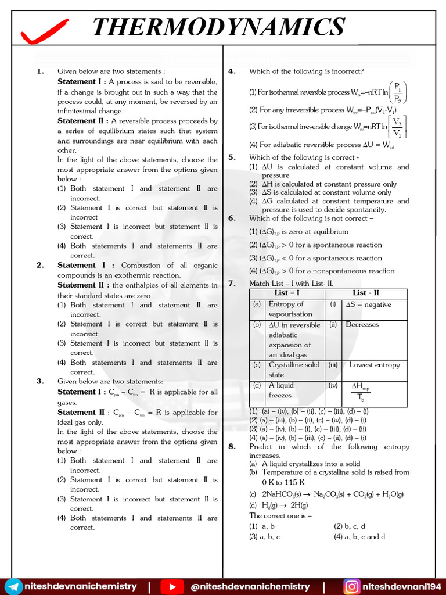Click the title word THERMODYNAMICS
pos(218,27)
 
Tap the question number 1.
pos(40,71)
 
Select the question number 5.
pos(231,157)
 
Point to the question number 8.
pos(231,447)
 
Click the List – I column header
pos(287,293)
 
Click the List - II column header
pos(367,293)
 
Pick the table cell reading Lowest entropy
pos(374,365)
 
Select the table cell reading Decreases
pos(362,325)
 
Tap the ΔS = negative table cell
pos(368,304)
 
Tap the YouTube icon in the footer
pos(171,586)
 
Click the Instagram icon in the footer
pos(351,586)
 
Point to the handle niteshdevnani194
pos(401,586)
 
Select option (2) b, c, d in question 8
pos(350,526)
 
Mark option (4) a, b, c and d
pos(359,537)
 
